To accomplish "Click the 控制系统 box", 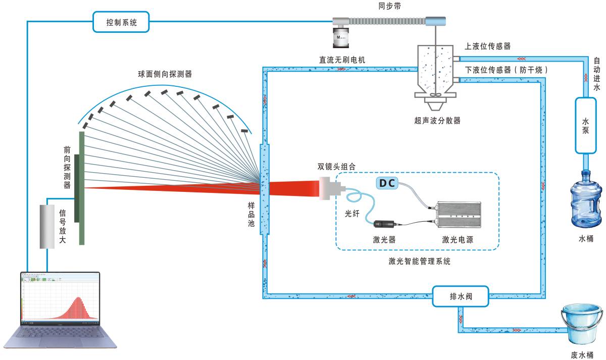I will [121, 22].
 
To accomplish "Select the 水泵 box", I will [585, 125].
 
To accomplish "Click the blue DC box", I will [388, 183].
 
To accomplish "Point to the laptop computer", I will [61, 311].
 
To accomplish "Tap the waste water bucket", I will [581, 324].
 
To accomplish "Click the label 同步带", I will [389, 6].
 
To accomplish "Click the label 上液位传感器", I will [487, 46].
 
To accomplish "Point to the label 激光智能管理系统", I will [419, 262].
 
